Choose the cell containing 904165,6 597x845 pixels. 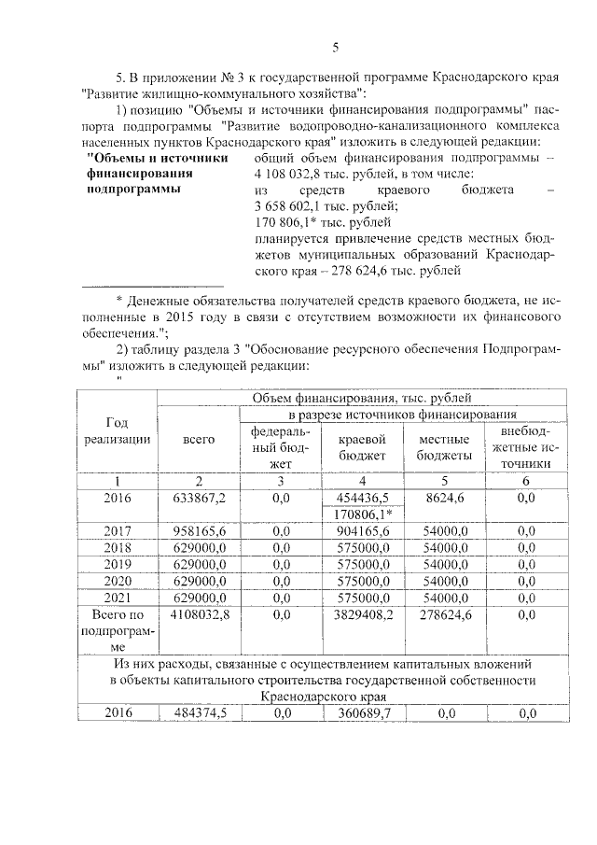[x=363, y=530]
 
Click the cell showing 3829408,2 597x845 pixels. [x=363, y=614]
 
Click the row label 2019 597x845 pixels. [x=118, y=564]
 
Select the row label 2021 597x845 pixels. [x=118, y=598]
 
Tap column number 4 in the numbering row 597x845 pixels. [x=363, y=480]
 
